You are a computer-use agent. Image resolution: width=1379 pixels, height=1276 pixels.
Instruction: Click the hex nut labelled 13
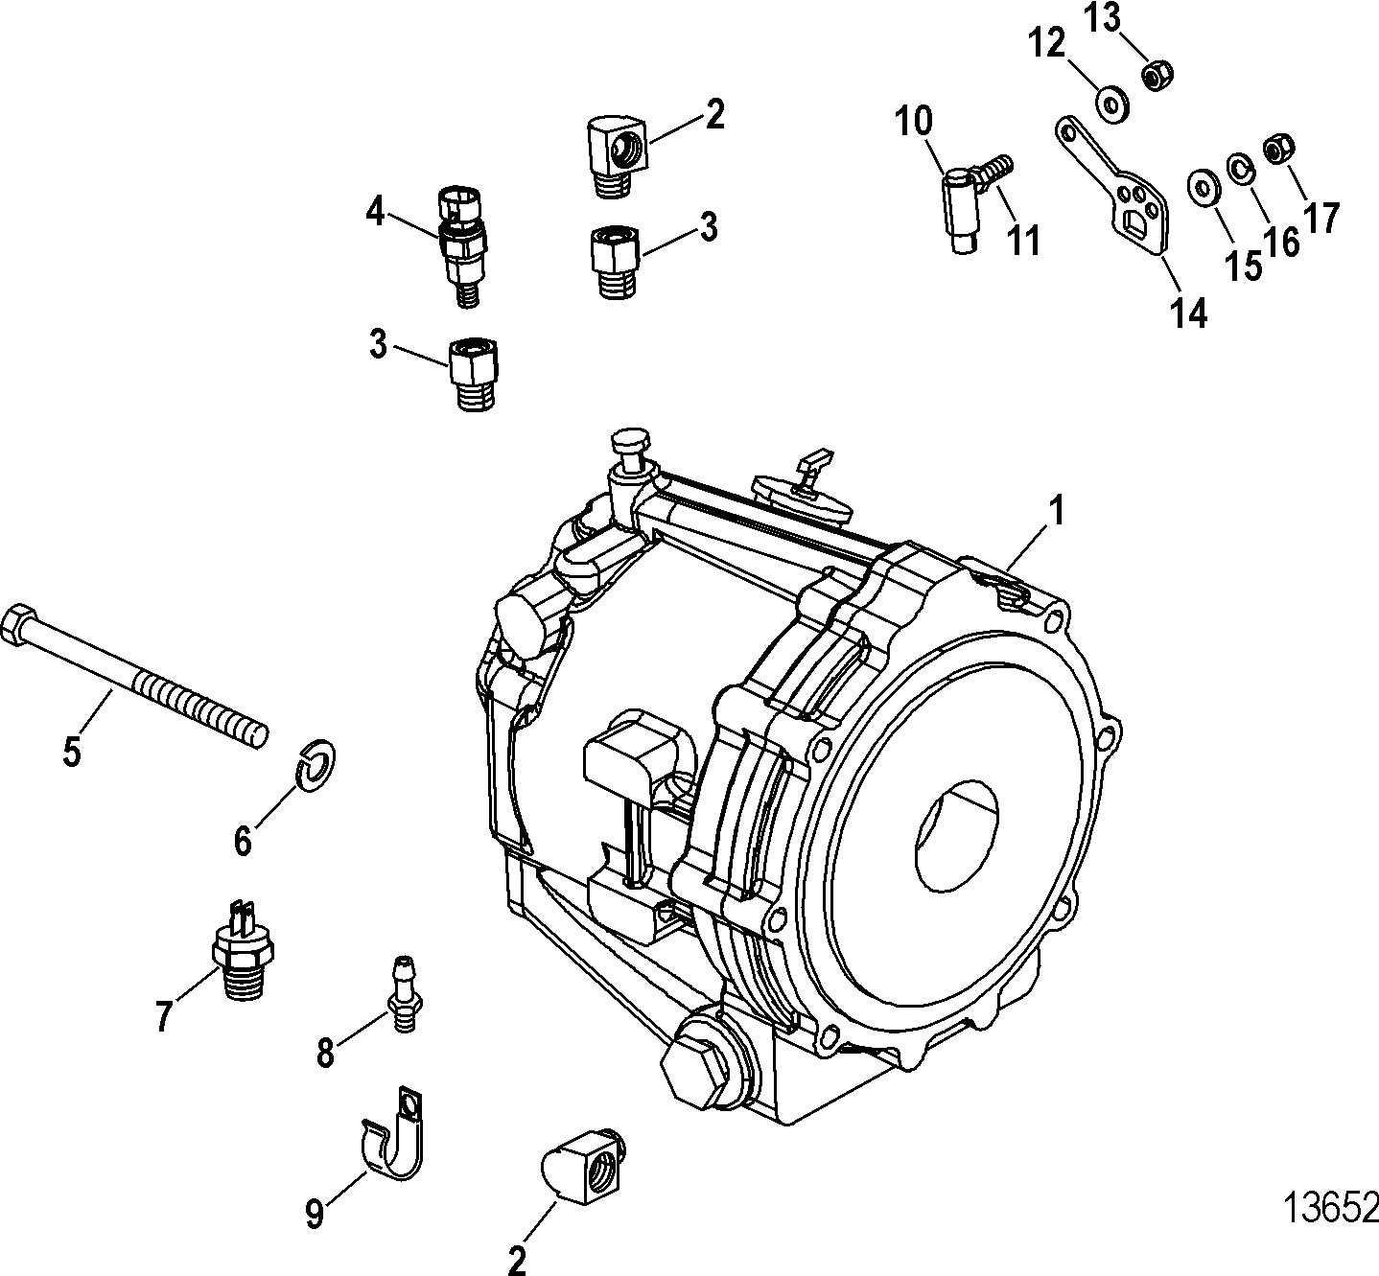tap(1155, 74)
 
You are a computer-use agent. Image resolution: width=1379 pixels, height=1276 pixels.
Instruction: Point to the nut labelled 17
tap(1278, 149)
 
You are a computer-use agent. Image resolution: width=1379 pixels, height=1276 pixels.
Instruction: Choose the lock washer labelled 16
tap(1241, 170)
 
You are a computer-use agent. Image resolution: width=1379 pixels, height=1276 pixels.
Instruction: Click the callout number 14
tap(1188, 313)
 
